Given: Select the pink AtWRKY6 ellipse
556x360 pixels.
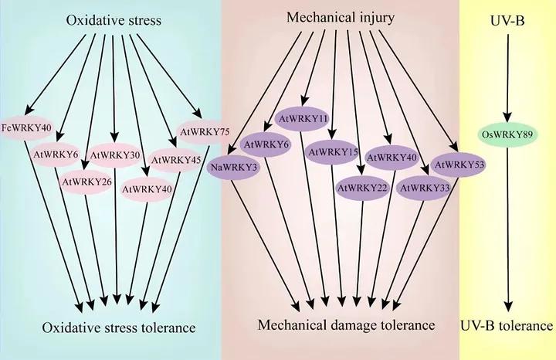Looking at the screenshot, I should pyautogui.click(x=56, y=155).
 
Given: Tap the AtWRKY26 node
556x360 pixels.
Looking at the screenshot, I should pyautogui.click(x=85, y=182).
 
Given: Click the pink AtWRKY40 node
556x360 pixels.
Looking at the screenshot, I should pyautogui.click(x=147, y=188).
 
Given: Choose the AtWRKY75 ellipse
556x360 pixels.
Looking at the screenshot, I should pyautogui.click(x=204, y=132).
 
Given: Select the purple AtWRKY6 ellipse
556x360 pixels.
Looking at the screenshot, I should pyautogui.click(x=266, y=144).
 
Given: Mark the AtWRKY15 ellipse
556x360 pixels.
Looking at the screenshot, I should pyautogui.click(x=333, y=152).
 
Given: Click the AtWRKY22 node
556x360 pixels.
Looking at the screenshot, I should pyautogui.click(x=361, y=187).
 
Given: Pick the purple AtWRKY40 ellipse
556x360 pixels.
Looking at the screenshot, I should pyautogui.click(x=392, y=158).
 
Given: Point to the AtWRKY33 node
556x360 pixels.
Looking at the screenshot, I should pyautogui.click(x=423, y=187).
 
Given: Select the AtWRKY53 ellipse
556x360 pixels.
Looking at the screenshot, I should pyautogui.click(x=458, y=164).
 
